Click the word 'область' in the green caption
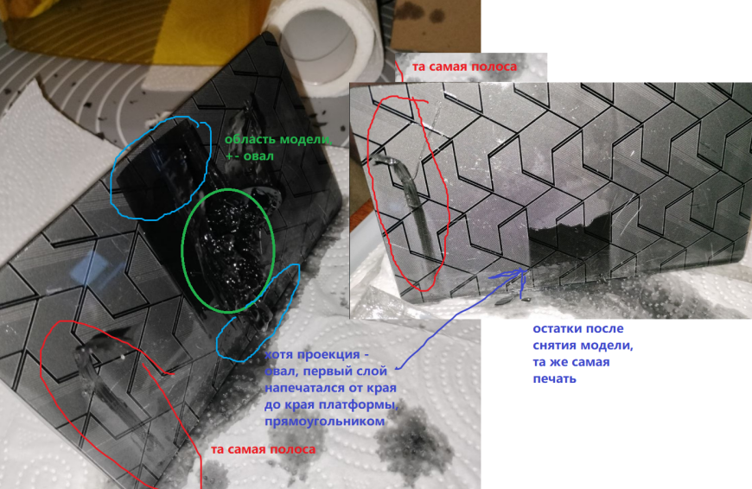tap(250, 139)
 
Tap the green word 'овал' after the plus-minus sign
tap(258, 156)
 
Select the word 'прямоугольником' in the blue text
tap(325, 422)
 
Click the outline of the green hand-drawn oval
tap(182, 250)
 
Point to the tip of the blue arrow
tap(526, 270)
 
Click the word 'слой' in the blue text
tap(373, 372)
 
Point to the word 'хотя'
tap(278, 355)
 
